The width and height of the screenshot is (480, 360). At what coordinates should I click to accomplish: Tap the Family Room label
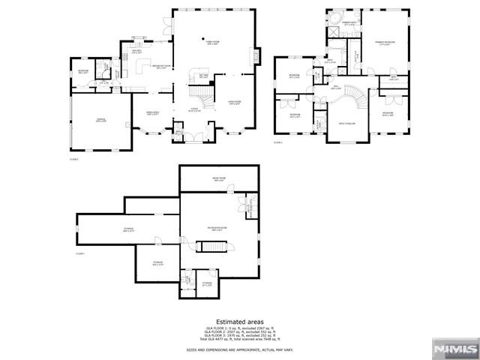[212, 43]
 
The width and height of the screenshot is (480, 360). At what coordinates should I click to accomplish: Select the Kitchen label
[157, 68]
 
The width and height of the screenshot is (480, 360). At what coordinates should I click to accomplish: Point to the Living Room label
[235, 103]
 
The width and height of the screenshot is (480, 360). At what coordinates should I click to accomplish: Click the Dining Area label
[152, 113]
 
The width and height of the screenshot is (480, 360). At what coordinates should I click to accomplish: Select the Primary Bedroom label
[385, 44]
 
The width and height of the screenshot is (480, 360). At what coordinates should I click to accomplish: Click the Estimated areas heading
[240, 321]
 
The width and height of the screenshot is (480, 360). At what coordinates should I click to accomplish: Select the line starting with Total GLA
[240, 340]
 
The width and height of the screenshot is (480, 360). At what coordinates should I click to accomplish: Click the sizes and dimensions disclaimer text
[240, 349]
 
